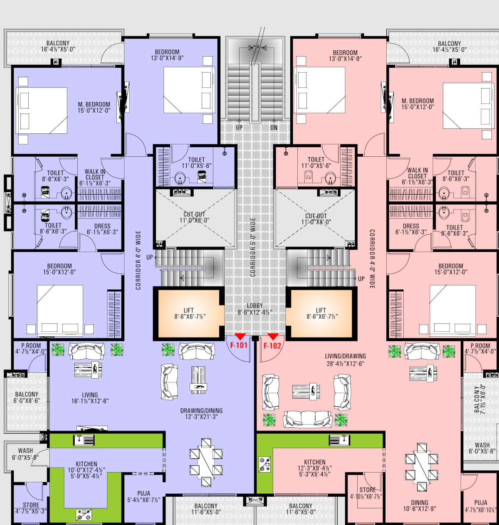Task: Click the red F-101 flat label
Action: pyautogui.click(x=239, y=345)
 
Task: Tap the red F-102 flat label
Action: pyautogui.click(x=272, y=346)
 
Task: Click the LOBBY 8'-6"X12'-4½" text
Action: pyautogui.click(x=254, y=309)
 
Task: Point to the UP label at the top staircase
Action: pyautogui.click(x=239, y=128)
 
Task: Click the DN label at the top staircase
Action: pyautogui.click(x=274, y=128)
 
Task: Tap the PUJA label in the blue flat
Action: pyautogui.click(x=143, y=497)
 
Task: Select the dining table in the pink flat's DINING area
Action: pyautogui.click(x=422, y=468)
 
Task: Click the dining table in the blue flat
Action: pyautogui.click(x=206, y=462)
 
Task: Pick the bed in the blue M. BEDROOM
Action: pyautogui.click(x=42, y=111)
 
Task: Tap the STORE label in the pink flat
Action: pyautogui.click(x=367, y=493)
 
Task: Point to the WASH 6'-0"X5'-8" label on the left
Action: pyautogui.click(x=25, y=454)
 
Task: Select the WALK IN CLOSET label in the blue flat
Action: pyautogui.click(x=95, y=177)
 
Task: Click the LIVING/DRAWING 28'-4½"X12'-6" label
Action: pyautogui.click(x=345, y=360)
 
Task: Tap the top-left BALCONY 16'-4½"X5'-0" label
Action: pyautogui.click(x=58, y=46)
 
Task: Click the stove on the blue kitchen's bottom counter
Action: pyautogui.click(x=84, y=515)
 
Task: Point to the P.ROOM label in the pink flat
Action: pyautogui.click(x=480, y=348)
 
